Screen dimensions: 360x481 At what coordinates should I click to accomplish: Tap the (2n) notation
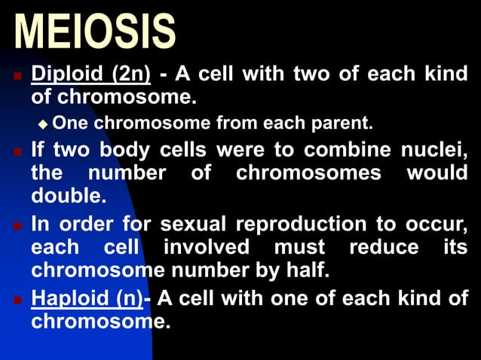pyautogui.click(x=131, y=75)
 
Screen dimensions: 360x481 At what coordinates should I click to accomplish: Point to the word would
pyautogui.click(x=437, y=172)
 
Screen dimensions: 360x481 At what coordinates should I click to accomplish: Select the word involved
pyautogui.click(x=207, y=247)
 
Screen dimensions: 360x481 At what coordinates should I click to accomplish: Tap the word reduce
pyautogui.click(x=381, y=247)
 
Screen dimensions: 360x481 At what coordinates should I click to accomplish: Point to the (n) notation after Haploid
pyautogui.click(x=129, y=298)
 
